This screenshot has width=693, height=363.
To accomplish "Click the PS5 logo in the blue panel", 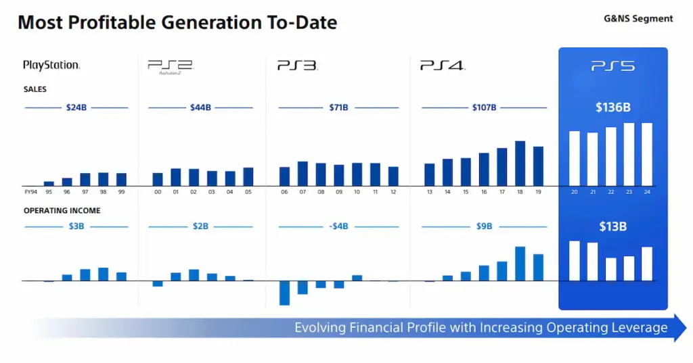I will tap(612, 66).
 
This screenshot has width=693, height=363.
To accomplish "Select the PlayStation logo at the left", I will tap(51, 66).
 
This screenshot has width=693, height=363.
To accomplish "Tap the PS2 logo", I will tap(170, 66).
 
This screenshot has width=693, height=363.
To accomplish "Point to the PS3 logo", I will tap(297, 66).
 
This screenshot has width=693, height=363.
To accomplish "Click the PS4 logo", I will tap(441, 66).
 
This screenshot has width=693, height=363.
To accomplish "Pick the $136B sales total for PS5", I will tap(612, 107).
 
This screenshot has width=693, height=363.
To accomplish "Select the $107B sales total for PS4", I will tap(484, 107).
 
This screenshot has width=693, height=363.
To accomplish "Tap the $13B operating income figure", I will tap(612, 226).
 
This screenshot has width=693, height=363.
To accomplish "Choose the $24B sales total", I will tap(76, 107).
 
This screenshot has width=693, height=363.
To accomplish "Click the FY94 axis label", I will tap(30, 192).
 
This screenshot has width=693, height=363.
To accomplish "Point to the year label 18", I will tap(520, 192).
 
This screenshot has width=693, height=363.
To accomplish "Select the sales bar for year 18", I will tap(520, 163).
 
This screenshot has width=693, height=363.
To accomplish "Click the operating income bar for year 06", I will tap(284, 293).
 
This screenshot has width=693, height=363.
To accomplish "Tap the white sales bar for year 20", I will tap(574, 158).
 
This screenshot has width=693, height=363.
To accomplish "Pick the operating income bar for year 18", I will tap(520, 264).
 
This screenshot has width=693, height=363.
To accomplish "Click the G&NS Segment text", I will tap(638, 19).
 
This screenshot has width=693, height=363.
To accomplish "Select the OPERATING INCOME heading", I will tap(62, 211).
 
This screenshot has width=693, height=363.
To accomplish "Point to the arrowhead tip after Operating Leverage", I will tap(685, 328).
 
